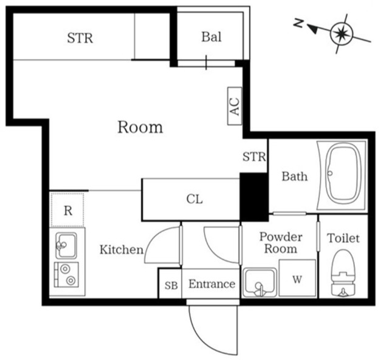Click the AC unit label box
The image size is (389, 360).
tap(235, 107)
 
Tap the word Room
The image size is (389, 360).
tap(140, 127)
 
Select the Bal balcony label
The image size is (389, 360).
tap(211, 37)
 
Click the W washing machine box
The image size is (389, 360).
tap(297, 279)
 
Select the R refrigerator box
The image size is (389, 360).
tap(68, 211)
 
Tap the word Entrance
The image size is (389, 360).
tap(212, 284)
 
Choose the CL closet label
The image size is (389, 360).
tap(194, 199)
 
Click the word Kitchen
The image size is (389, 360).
tap(122, 249)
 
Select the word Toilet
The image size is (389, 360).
tap(343, 238)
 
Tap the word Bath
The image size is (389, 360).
tap(294, 177)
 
